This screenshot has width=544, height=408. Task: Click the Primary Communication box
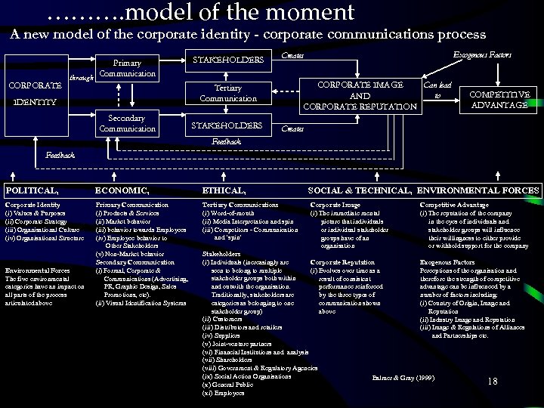(127, 68)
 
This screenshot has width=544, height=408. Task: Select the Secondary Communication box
(127, 123)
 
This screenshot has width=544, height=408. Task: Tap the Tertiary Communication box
(228, 93)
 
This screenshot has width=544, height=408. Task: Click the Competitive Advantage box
(499, 99)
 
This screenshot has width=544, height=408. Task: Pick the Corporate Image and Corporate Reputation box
(360, 95)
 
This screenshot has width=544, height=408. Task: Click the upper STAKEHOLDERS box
(228, 59)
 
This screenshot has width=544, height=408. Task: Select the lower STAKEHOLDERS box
(228, 125)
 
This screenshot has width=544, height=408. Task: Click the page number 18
(492, 381)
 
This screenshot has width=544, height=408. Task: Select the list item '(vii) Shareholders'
(233, 359)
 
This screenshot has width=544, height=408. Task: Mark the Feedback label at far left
(60, 155)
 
